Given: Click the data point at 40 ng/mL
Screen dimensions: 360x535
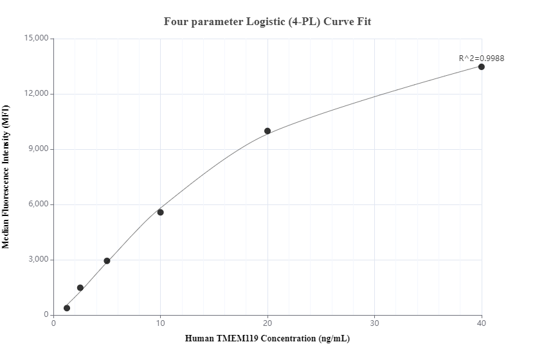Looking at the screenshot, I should click(x=481, y=67).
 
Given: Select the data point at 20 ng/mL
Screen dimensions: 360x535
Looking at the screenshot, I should click(x=267, y=131).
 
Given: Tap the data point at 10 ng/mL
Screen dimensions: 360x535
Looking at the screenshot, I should click(x=161, y=212).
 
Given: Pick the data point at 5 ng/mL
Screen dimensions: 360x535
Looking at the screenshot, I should click(x=107, y=261).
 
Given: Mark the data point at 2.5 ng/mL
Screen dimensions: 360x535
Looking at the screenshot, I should click(x=80, y=288).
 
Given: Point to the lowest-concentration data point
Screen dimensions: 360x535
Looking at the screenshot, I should click(x=67, y=308).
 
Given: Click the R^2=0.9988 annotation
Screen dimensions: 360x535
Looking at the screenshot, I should click(x=481, y=58).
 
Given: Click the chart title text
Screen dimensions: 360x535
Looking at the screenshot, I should click(x=267, y=21).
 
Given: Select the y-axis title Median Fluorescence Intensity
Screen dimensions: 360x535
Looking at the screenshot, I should click(x=6, y=177).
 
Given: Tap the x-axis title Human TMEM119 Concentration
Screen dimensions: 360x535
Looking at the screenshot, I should click(x=267, y=338).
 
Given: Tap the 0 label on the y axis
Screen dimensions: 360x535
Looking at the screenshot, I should click(x=46, y=315).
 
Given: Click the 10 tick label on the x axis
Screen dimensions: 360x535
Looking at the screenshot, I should click(x=161, y=323).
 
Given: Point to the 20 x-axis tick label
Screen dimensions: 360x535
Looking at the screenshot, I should click(x=267, y=323).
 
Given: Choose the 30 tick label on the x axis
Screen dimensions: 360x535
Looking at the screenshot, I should click(x=374, y=323).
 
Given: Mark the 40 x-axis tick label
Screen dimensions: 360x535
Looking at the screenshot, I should click(x=481, y=323).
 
